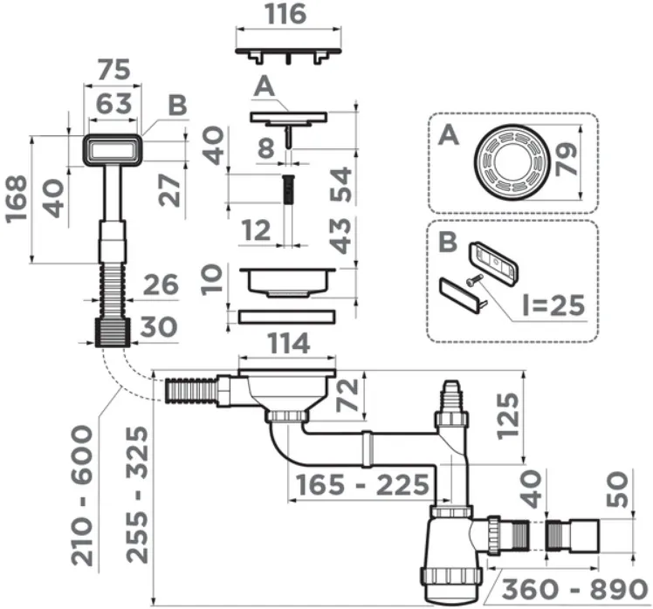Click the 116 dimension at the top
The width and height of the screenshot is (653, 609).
tap(286, 13)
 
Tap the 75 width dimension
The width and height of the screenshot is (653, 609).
tap(114, 70)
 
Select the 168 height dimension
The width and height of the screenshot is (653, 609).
tap(17, 199)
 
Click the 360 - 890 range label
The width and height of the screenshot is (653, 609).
tap(574, 590)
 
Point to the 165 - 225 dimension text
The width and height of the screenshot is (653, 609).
tap(362, 485)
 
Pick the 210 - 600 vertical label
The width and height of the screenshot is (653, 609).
tap(82, 496)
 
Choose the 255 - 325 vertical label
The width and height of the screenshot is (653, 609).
tap(137, 495)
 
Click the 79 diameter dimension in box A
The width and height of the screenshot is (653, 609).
tap(567, 159)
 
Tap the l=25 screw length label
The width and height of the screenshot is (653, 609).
tap(553, 305)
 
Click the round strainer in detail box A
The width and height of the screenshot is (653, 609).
tap(510, 161)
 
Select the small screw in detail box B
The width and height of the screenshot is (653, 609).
tap(475, 281)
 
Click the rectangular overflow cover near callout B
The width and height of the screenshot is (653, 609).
tap(113, 150)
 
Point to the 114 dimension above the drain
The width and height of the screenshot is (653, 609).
tap(289, 344)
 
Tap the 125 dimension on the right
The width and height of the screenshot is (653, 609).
tap(508, 416)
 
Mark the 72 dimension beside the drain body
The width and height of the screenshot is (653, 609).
tap(347, 395)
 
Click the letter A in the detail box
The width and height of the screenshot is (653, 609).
tap(449, 135)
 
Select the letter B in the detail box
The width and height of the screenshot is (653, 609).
tap(448, 242)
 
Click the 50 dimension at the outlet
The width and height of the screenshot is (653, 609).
tap(616, 489)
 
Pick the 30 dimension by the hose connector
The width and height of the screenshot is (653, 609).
tap(159, 326)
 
